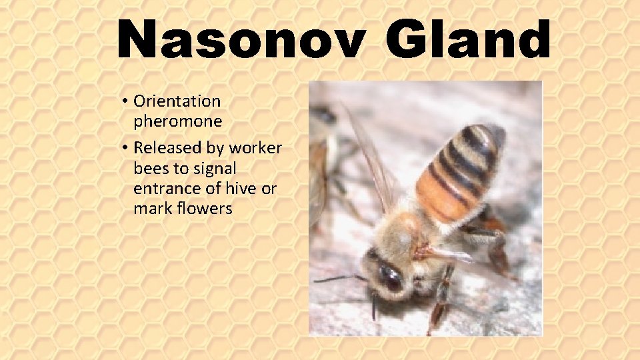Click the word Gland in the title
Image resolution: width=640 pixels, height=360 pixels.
pyautogui.click(x=469, y=40)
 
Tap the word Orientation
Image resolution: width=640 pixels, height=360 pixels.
pyautogui.click(x=177, y=101)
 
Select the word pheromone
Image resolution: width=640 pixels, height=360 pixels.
pyautogui.click(x=177, y=121)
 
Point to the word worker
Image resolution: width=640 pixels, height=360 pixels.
pyautogui.click(x=256, y=148)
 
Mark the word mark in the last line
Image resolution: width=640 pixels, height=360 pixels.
pyautogui.click(x=151, y=209)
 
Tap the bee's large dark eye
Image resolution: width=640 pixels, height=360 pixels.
pyautogui.click(x=389, y=276)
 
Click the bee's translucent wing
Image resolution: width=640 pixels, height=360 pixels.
pyautogui.click(x=370, y=160)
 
